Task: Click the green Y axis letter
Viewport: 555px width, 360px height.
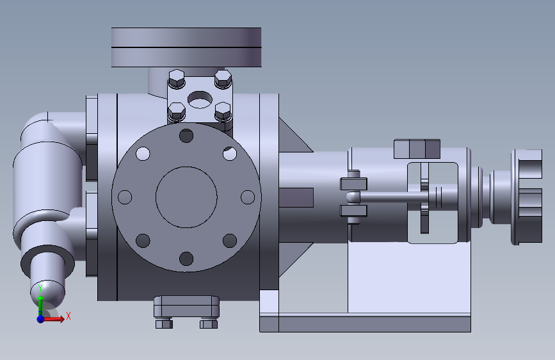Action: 40,288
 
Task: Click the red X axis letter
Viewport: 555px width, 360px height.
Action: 68,316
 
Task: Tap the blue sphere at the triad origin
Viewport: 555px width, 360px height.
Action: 41,319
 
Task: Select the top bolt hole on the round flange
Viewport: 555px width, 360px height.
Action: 186,136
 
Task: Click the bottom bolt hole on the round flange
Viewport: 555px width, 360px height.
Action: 186,259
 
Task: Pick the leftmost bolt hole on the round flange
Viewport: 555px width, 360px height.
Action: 125,197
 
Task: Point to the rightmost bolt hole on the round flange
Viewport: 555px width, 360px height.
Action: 248,197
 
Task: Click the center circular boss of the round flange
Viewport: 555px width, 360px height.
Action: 186,197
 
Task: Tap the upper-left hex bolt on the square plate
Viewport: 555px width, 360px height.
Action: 176,79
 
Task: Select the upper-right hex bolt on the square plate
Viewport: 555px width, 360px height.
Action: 223,79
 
